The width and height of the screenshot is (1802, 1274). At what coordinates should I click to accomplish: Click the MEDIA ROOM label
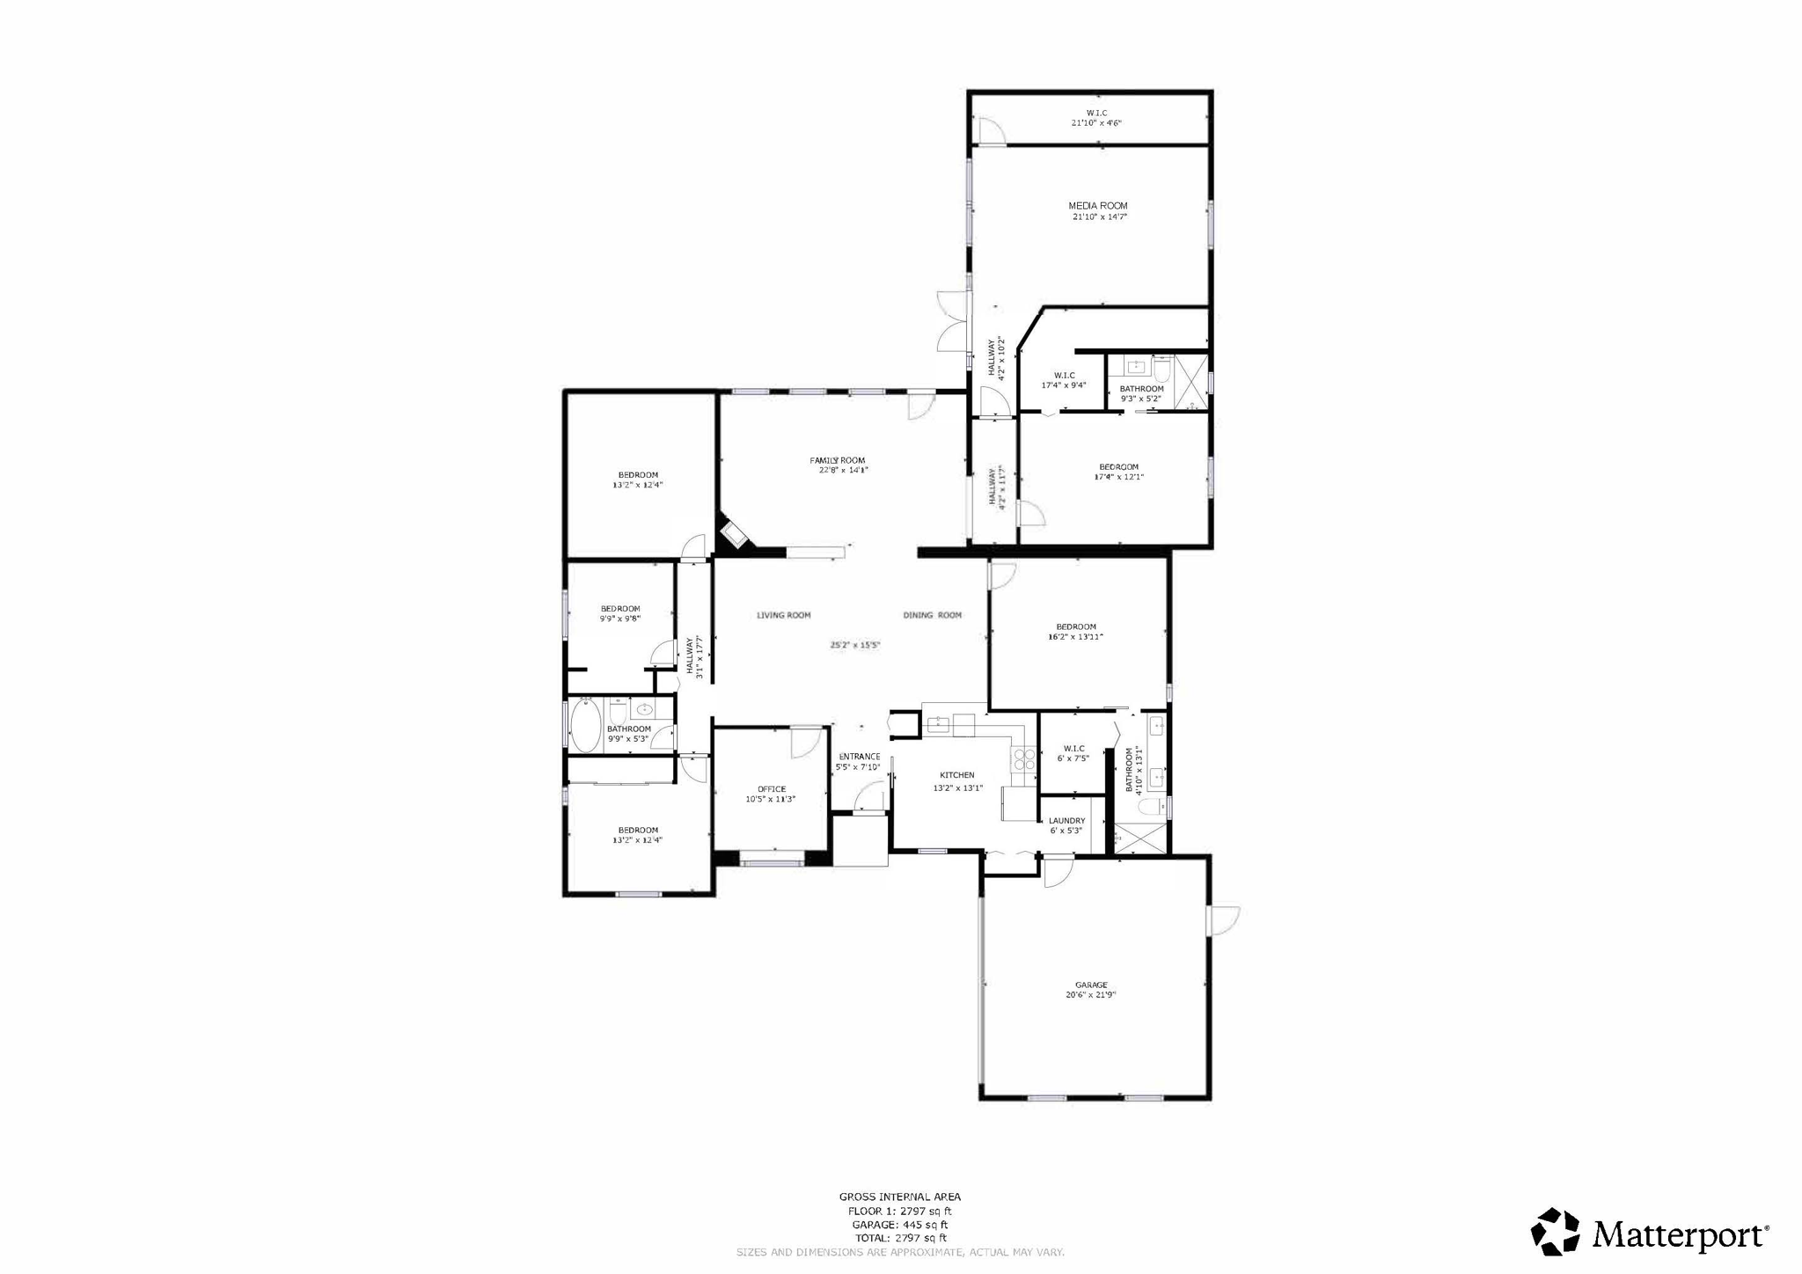[x=1098, y=206]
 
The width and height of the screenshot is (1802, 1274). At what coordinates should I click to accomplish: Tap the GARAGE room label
[x=1091, y=985]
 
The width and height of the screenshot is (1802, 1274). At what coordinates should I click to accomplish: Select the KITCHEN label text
[x=957, y=775]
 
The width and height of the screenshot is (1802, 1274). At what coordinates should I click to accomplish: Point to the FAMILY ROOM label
[x=838, y=460]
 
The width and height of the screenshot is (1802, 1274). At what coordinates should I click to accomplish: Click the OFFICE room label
[x=772, y=789]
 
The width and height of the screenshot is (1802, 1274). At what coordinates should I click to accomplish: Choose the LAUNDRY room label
[x=1066, y=821]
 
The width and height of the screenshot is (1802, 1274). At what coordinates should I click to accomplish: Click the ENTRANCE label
[x=859, y=757]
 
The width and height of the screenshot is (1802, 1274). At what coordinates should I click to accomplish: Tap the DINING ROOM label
[x=933, y=615]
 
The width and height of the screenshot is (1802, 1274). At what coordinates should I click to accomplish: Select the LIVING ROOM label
[x=784, y=615]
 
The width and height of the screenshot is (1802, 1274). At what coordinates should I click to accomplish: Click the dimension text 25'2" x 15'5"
[x=855, y=645]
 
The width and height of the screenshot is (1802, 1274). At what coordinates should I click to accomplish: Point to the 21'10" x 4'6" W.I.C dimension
[x=1096, y=123]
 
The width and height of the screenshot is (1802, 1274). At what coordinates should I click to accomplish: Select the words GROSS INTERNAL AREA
[x=899, y=1197]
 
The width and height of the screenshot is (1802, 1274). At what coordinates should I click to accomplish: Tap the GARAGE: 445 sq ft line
[x=899, y=1225]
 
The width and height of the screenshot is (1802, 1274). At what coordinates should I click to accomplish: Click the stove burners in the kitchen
[x=1024, y=759]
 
